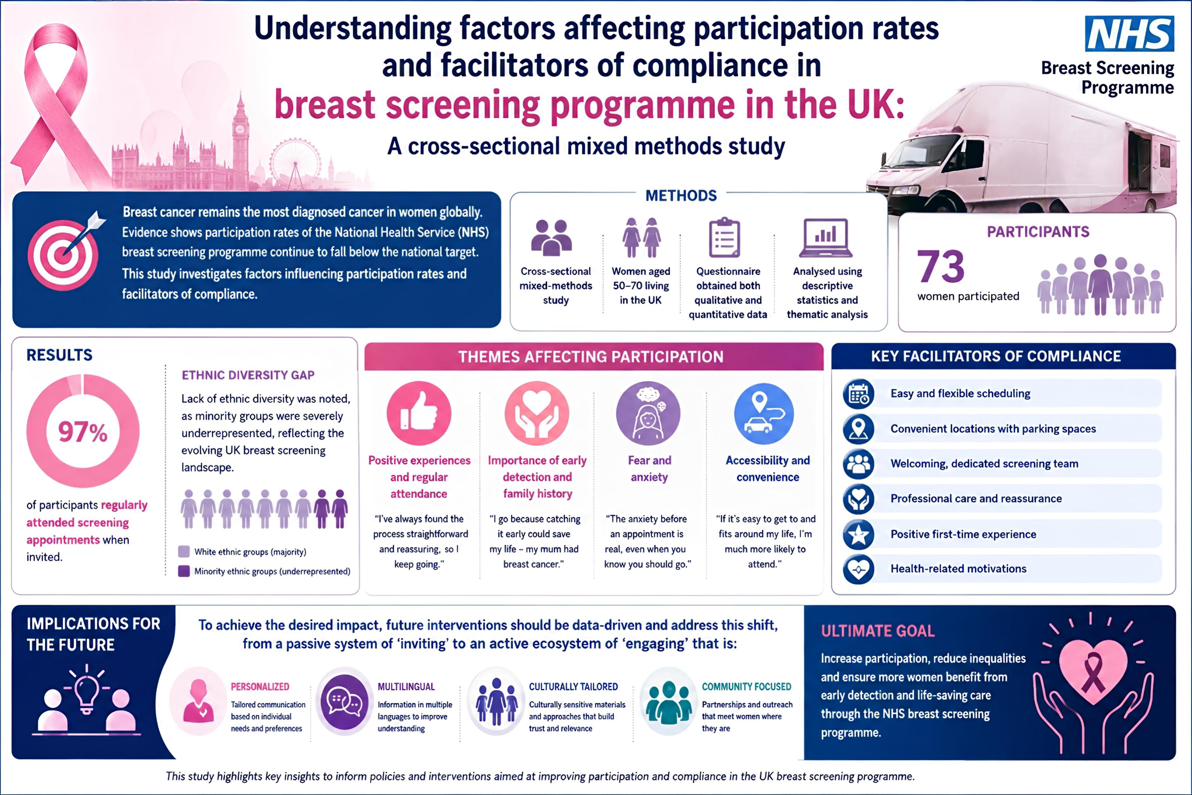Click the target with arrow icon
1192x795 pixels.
66,251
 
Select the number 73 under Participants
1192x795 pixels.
940,267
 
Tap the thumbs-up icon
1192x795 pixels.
419,413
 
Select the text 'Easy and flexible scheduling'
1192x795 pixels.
960,394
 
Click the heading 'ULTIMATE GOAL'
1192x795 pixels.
878,631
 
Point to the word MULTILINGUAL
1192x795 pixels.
406,686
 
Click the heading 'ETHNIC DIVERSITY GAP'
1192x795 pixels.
248,375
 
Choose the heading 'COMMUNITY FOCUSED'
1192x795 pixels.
746,686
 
